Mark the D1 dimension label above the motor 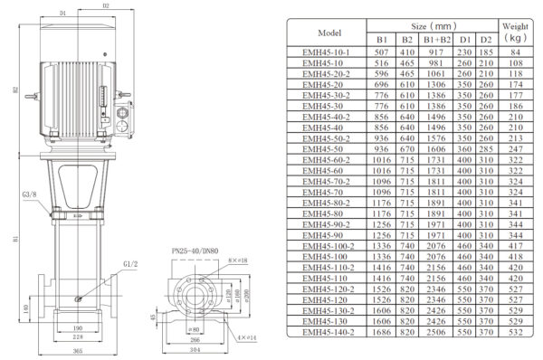[62, 14]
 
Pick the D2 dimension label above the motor [105, 5]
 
